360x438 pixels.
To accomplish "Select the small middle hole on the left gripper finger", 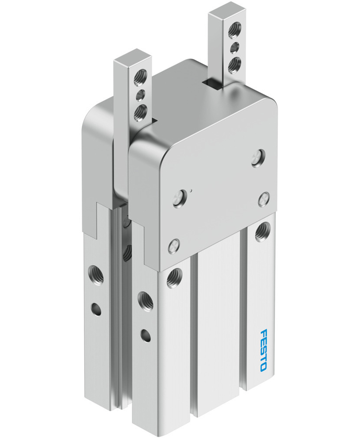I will click(141, 93).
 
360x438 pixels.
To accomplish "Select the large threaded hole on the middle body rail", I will click(144, 300).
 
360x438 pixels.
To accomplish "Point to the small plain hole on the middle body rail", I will click(144, 335).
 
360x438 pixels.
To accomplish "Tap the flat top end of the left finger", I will click(133, 60).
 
